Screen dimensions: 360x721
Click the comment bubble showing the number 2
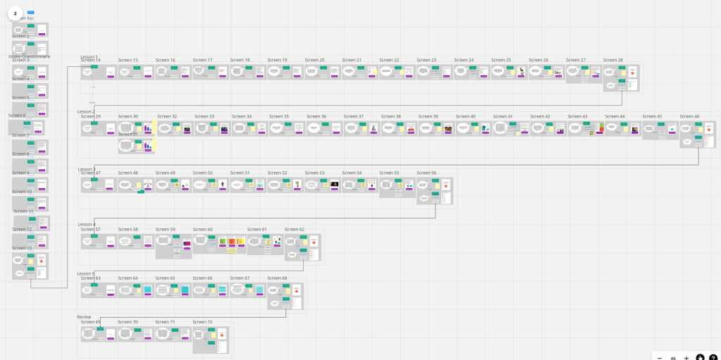[x=15, y=13]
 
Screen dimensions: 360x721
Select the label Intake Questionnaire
[x=29, y=56]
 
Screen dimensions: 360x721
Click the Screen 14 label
[x=90, y=61]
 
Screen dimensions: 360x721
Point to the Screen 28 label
[x=612, y=61]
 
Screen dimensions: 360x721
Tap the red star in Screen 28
[x=632, y=73]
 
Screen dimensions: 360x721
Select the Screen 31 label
[x=128, y=134]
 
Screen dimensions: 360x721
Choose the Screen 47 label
[x=90, y=173]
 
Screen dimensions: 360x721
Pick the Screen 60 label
[x=202, y=230]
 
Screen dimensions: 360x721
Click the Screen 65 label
[x=165, y=278]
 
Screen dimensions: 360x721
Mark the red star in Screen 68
[x=297, y=290]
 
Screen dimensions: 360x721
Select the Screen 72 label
[x=202, y=322]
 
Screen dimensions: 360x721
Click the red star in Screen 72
[x=222, y=335]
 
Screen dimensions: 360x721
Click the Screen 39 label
[x=428, y=117]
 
